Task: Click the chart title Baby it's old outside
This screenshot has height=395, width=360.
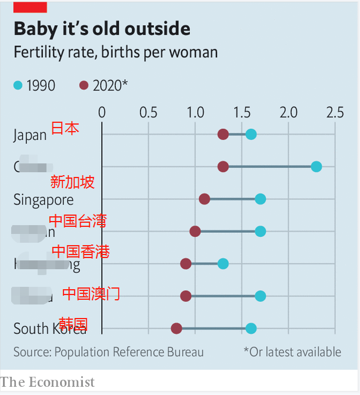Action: click(x=102, y=29)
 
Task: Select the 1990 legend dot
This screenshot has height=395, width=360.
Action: click(x=18, y=86)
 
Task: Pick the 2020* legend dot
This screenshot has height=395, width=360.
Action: click(x=84, y=86)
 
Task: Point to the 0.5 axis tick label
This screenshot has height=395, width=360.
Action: click(x=148, y=112)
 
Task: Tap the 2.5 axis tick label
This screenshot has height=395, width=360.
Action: click(x=335, y=112)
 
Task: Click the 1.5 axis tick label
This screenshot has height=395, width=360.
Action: click(x=242, y=112)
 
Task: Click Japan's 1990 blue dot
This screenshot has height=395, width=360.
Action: click(x=251, y=135)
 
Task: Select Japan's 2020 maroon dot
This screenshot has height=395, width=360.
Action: click(x=223, y=135)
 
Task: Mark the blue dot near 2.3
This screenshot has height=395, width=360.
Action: click(x=316, y=167)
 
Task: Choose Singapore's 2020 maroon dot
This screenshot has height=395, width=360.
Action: click(x=204, y=199)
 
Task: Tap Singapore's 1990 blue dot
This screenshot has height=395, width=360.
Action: click(x=261, y=199)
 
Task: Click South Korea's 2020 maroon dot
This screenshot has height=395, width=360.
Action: click(x=176, y=328)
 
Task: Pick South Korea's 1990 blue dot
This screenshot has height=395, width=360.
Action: click(x=251, y=328)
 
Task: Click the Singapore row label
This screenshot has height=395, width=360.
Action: click(x=44, y=200)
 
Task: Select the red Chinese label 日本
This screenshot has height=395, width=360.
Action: click(x=65, y=128)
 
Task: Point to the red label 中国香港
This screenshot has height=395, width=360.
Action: click(x=81, y=252)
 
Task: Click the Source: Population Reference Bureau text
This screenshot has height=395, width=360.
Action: click(x=109, y=352)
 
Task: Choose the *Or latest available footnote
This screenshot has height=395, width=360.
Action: click(x=292, y=352)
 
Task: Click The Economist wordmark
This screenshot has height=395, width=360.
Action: click(x=48, y=382)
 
